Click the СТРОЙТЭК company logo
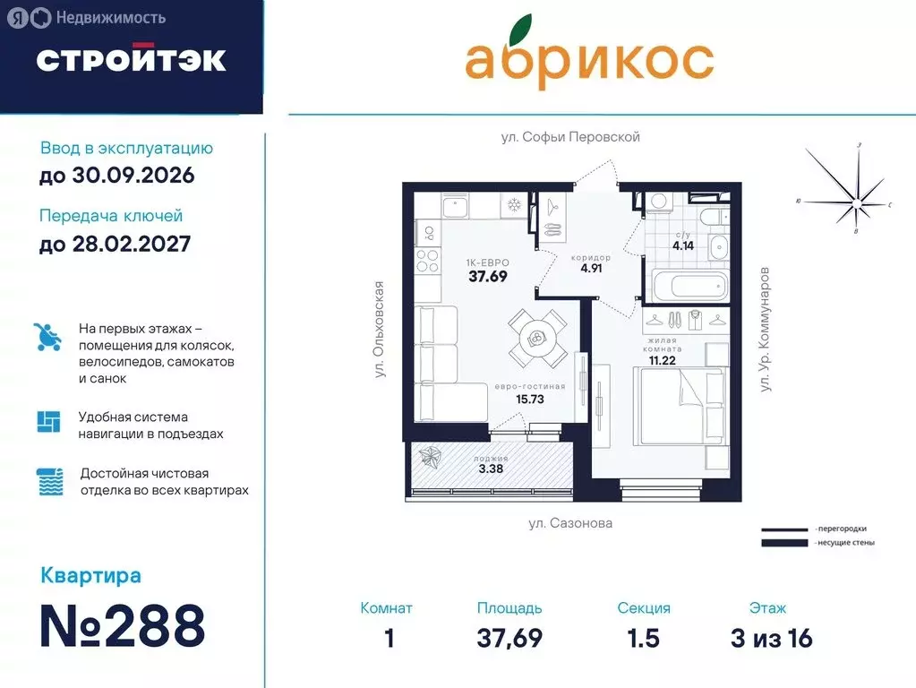click(131, 59)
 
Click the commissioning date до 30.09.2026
click(116, 176)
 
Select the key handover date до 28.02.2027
click(115, 243)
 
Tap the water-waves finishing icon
click(49, 482)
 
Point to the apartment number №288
click(123, 626)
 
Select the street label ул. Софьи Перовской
click(570, 137)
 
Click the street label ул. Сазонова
click(569, 523)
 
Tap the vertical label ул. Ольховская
click(380, 330)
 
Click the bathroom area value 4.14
click(683, 244)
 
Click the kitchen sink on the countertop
click(457, 207)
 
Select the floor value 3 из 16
click(771, 638)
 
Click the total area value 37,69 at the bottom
click(509, 638)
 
